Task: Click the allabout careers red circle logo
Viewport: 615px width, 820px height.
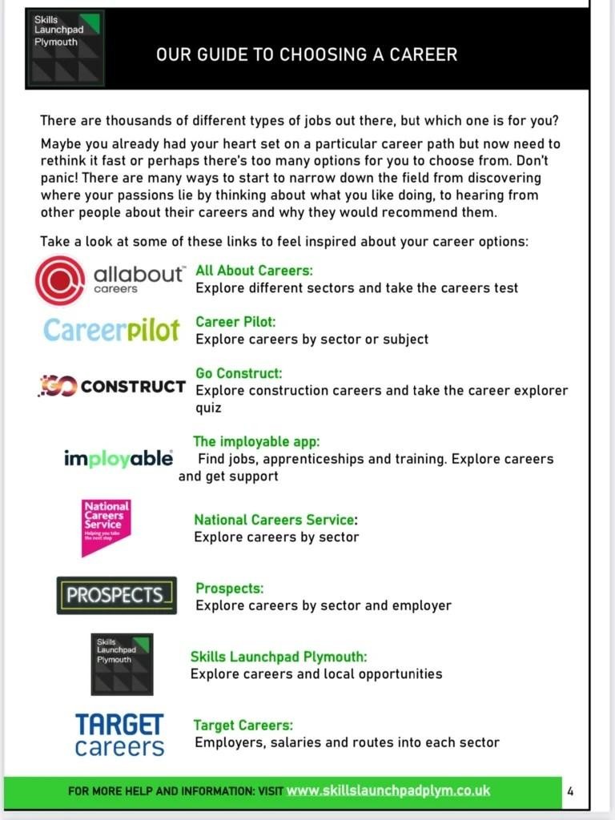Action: click(60, 280)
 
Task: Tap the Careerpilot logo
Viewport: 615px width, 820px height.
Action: click(111, 329)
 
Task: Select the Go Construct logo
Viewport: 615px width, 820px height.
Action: click(112, 387)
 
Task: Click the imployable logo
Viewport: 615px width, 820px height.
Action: click(119, 458)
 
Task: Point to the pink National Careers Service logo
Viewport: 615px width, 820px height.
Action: click(106, 526)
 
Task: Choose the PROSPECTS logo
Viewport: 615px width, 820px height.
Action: click(116, 595)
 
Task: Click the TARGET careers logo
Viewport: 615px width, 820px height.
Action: click(119, 734)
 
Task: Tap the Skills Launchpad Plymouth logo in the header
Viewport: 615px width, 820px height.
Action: click(65, 49)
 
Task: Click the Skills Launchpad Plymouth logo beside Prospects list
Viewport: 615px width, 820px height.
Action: click(121, 664)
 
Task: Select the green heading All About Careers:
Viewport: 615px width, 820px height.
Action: click(254, 271)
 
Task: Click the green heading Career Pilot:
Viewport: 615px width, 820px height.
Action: click(235, 322)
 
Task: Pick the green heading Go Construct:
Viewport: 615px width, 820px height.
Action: click(239, 373)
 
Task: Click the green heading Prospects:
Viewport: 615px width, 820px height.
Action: click(229, 589)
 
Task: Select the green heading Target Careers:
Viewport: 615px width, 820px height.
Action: click(243, 726)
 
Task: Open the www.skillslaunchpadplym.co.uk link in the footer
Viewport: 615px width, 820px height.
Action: click(388, 790)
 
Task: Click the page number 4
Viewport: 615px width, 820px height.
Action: click(570, 791)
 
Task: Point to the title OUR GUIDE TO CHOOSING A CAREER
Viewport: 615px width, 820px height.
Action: click(307, 54)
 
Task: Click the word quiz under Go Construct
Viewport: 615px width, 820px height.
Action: click(209, 408)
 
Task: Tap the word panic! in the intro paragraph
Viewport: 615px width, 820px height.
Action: click(59, 177)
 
